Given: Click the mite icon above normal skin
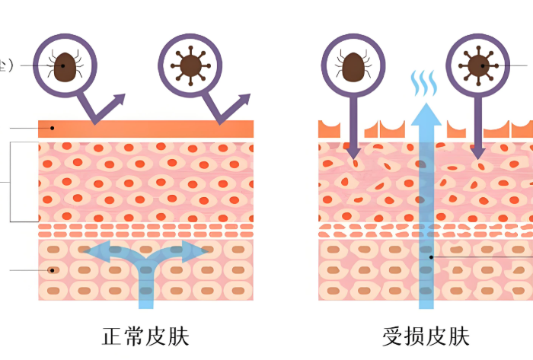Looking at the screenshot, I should click(x=67, y=65).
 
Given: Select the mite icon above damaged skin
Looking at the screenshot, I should click(x=352, y=65).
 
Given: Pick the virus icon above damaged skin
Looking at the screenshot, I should click(x=477, y=65).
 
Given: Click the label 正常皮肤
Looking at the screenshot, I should click(x=145, y=336).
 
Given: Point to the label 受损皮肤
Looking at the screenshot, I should click(x=426, y=336).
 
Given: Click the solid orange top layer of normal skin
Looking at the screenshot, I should click(x=145, y=129).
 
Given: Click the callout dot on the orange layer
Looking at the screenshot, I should click(x=52, y=129).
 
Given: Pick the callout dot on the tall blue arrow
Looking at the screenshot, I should click(x=431, y=257).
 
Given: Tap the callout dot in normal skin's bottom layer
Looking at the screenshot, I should click(x=52, y=269).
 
